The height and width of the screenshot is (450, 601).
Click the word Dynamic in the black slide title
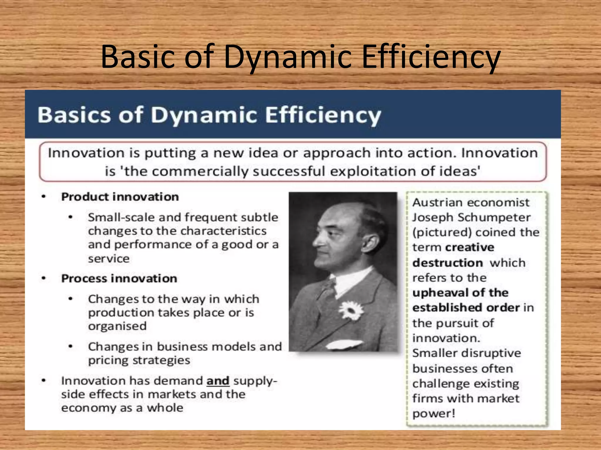coord(287,57)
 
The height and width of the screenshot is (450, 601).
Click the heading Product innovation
coord(120,197)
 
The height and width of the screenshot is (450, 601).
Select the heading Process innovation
coord(119,279)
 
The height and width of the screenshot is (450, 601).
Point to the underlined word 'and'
coord(218,381)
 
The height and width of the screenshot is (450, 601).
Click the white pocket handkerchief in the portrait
coord(344,345)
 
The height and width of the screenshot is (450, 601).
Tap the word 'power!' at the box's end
coord(434,414)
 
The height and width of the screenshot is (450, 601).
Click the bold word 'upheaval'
coord(440,293)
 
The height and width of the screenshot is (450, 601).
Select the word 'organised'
coord(117,326)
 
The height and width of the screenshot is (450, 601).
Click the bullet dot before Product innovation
coord(44,197)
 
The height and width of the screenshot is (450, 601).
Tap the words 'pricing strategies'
coord(139,360)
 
